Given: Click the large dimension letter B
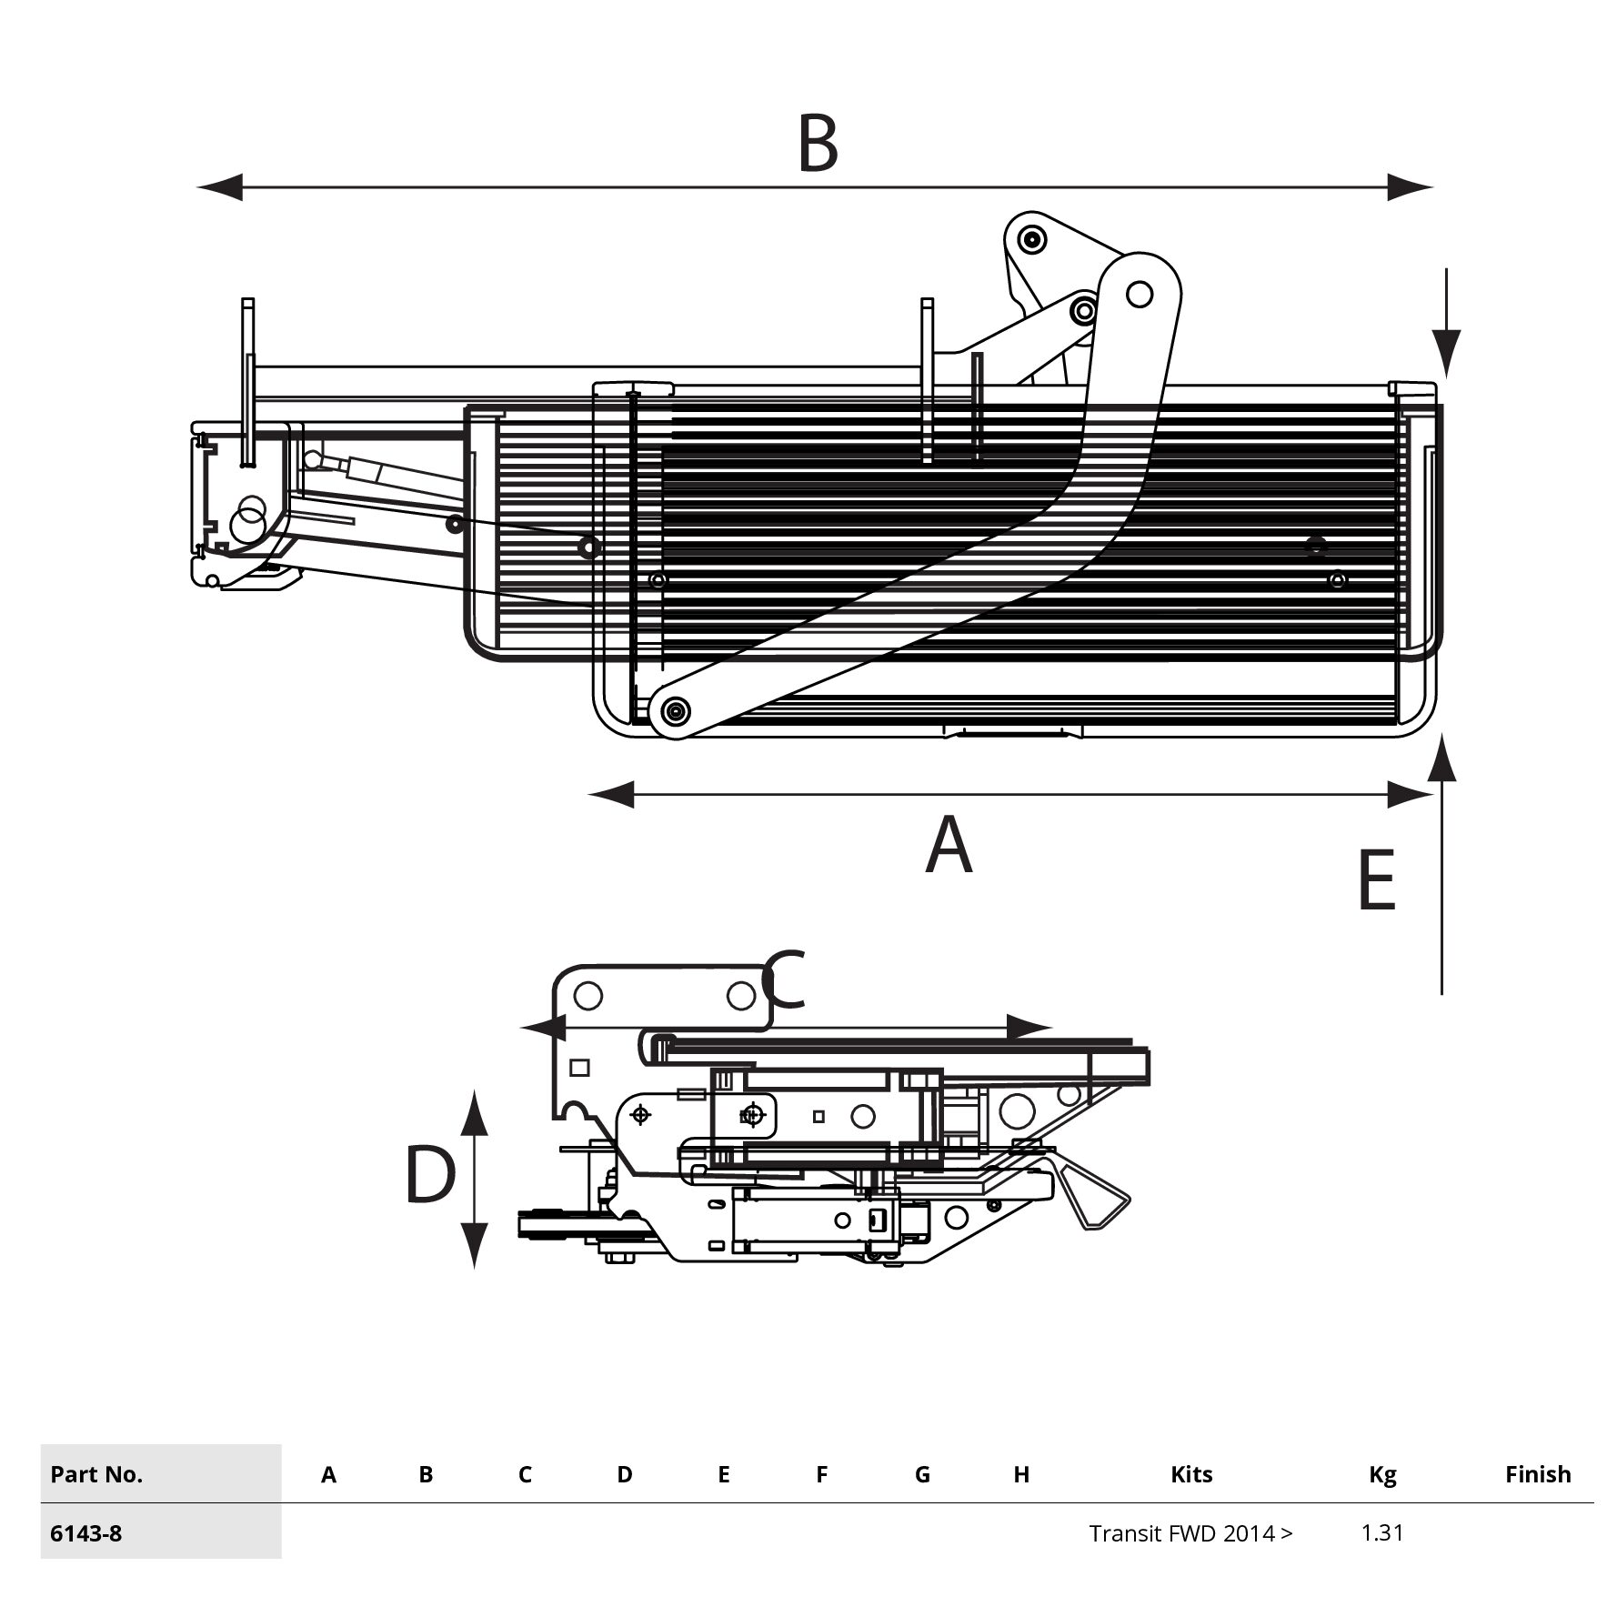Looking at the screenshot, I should point(817,143).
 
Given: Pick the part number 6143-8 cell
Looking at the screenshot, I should point(86,1533).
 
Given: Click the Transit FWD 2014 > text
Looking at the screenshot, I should point(1190,1533).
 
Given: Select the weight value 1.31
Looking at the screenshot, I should point(1381,1532).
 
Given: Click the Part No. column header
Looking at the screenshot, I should point(96,1474).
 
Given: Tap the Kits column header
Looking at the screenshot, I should point(1191,1474).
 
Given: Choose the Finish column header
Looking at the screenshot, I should point(1537,1474).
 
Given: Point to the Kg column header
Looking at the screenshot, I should point(1382,1474).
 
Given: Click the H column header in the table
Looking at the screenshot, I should point(1021,1474).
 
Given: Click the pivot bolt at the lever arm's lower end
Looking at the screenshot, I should point(676,710).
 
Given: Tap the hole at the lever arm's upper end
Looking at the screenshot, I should point(1139,295).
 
